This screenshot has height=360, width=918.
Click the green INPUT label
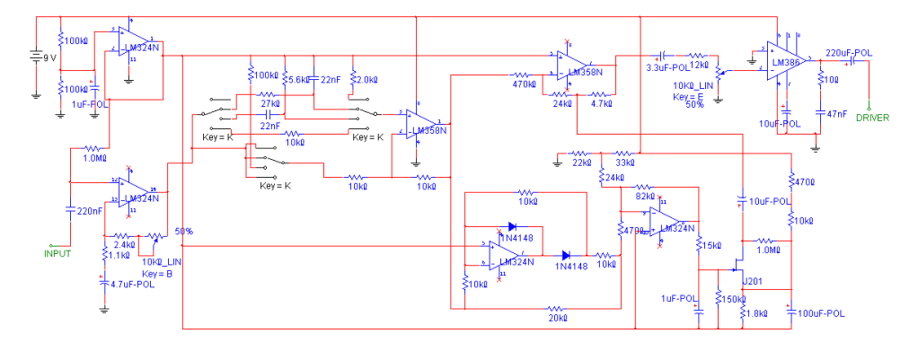(x=57, y=253)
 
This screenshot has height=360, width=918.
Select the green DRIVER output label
(x=872, y=118)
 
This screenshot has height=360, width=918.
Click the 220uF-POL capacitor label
(x=848, y=53)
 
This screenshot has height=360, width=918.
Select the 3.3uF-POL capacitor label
(x=667, y=66)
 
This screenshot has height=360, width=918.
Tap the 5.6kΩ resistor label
(x=297, y=80)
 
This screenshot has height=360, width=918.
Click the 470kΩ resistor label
(x=525, y=84)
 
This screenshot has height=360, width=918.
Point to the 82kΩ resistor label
(x=645, y=196)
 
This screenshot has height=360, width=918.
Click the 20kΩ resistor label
(x=558, y=318)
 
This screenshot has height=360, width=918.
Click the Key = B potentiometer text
(x=159, y=273)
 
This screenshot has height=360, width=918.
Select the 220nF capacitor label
(x=90, y=212)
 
